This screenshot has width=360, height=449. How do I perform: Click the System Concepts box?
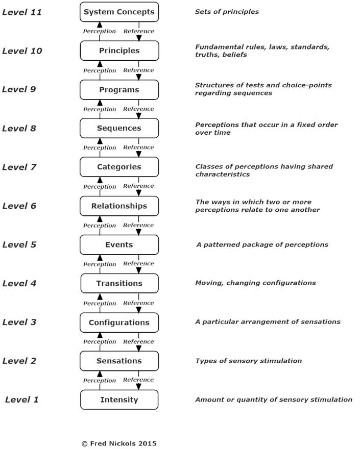click(119, 12)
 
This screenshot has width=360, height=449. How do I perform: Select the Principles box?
click(119, 51)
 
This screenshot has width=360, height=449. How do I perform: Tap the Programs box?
click(119, 90)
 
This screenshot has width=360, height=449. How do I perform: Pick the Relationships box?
click(119, 206)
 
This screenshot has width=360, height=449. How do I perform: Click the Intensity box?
click(119, 400)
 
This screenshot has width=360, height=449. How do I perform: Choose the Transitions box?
click(119, 283)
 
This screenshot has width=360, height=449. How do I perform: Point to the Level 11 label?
click(22, 12)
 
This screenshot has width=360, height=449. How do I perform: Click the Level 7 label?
click(19, 167)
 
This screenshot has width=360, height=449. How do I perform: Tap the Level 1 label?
click(22, 400)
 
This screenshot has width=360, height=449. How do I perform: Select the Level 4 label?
click(19, 283)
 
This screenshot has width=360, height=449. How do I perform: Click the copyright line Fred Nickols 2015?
click(119, 443)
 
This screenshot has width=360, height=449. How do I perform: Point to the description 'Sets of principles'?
click(227, 12)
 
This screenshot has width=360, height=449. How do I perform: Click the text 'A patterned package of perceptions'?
click(262, 244)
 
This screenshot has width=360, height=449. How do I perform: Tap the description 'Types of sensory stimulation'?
click(249, 361)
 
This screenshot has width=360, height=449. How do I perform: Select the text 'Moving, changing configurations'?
click(255, 283)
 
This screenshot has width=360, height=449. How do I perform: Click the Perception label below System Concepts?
click(100, 31)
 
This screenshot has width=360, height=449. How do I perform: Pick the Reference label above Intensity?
click(138, 380)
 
